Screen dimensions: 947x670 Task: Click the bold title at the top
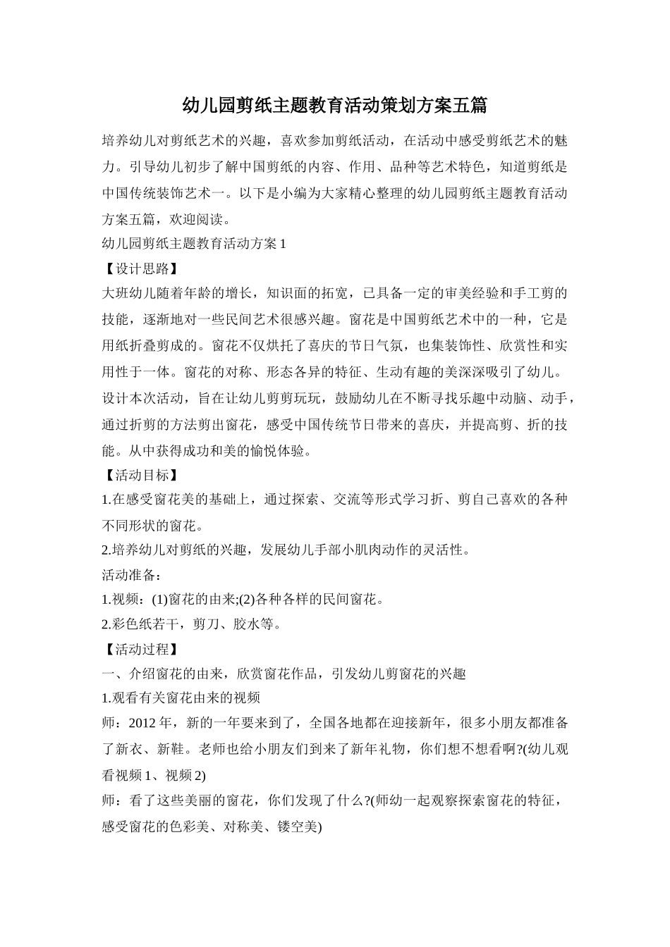(x=335, y=106)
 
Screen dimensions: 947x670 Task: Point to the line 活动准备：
(x=132, y=574)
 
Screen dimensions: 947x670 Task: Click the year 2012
(x=143, y=724)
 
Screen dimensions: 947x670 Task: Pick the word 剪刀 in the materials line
(x=207, y=624)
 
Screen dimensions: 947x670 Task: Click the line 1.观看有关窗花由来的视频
(x=181, y=698)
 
